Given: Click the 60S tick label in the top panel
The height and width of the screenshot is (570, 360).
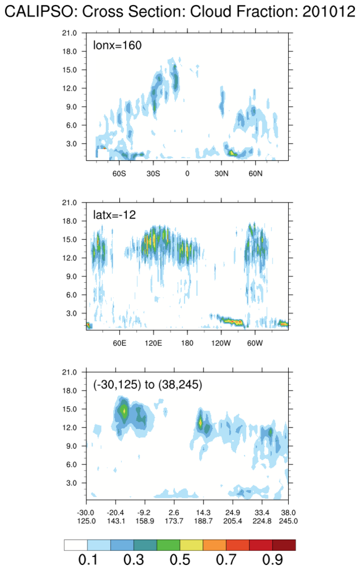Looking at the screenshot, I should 119,173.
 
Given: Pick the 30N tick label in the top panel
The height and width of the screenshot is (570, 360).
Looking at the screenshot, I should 221,173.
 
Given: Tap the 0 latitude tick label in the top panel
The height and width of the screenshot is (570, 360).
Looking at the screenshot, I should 187,173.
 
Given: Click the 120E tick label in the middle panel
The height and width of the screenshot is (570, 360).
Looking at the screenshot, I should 153,342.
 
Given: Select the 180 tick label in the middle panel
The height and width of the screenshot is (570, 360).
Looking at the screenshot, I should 187,342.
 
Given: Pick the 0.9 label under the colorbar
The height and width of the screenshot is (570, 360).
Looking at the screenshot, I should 271,560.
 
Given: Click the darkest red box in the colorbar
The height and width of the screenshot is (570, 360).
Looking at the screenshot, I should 284,545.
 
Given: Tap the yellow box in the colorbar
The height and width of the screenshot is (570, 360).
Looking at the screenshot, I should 191,545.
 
